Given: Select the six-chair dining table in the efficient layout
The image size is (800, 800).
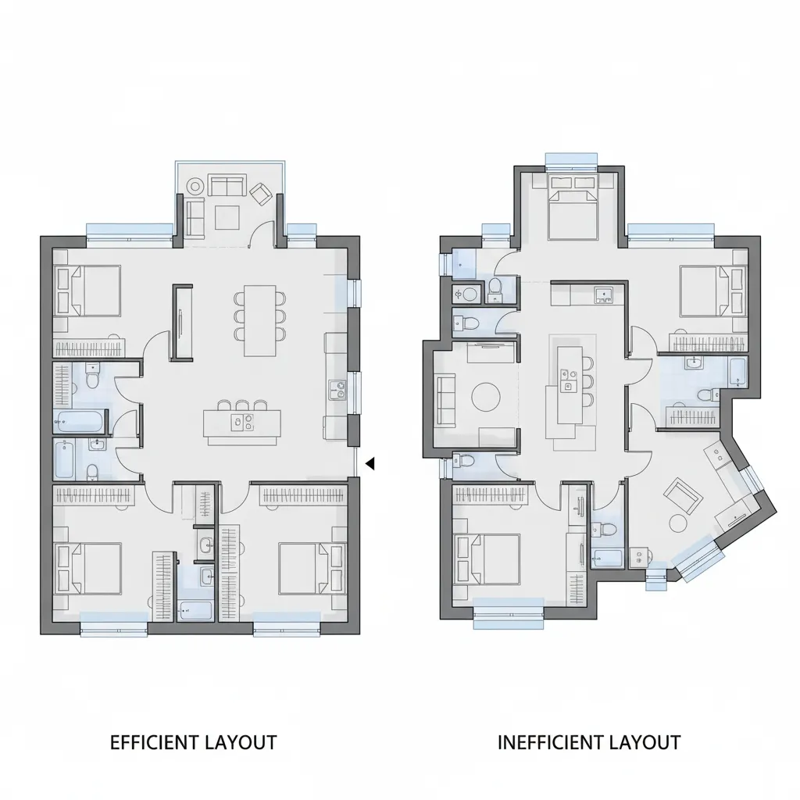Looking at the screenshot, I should pos(260,320).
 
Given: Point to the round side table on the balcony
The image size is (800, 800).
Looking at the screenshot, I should pos(195,186).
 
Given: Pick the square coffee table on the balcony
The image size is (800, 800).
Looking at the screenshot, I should pos(227,216).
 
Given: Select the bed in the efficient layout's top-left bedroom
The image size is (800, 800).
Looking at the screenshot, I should pos(87,289).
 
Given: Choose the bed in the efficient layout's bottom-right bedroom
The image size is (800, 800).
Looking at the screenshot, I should pos(311,567).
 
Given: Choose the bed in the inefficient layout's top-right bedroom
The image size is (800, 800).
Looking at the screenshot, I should pos(708,289).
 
